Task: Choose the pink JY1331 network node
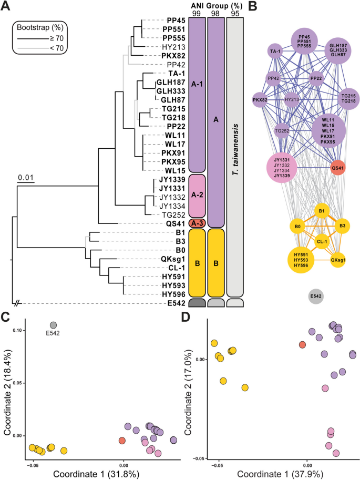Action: (x=286, y=168)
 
